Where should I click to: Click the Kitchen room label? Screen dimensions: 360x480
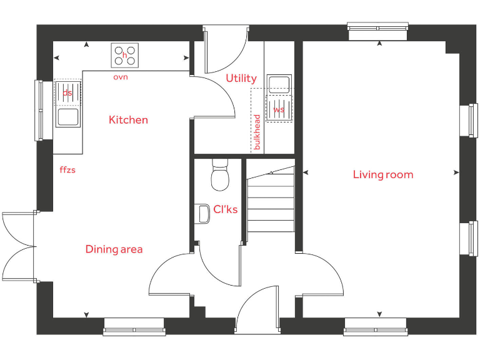[128, 119]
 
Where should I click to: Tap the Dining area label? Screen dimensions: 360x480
[114, 249]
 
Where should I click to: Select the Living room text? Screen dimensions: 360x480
[382, 174]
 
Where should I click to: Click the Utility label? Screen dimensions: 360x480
[241, 78]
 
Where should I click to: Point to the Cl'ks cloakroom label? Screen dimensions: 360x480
[225, 209]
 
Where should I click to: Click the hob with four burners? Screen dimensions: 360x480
[125, 55]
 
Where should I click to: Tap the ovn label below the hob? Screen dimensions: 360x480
[121, 77]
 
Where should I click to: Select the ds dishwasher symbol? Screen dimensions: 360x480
[67, 92]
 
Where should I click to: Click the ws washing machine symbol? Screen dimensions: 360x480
[279, 109]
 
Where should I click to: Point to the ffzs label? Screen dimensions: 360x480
[67, 169]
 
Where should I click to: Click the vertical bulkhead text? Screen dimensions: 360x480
[256, 131]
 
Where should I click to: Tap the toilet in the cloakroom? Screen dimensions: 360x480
[219, 177]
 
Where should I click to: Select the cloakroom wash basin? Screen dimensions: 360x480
[202, 213]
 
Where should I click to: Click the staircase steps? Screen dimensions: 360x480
[271, 200]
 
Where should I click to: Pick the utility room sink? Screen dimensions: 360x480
[278, 84]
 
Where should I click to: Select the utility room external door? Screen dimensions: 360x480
[225, 50]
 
